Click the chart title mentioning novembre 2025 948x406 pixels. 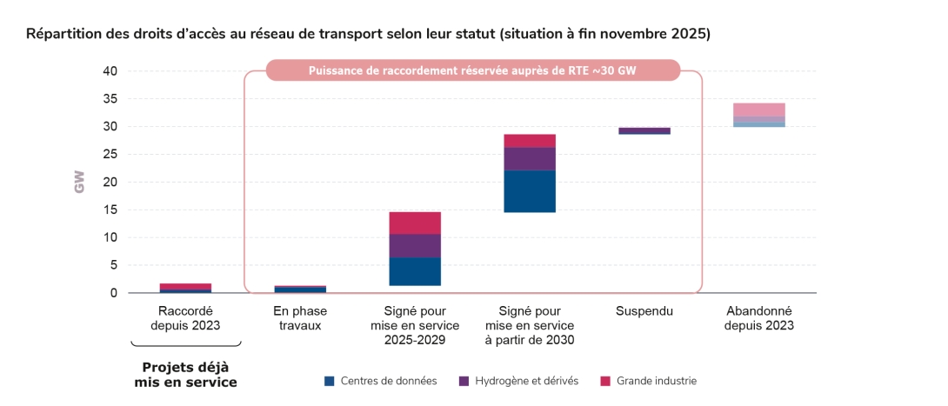coord(368,35)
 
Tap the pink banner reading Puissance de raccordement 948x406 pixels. coord(473,70)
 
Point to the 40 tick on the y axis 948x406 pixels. coord(110,71)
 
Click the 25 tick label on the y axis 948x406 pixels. coord(110,155)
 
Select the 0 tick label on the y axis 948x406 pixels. coord(113,293)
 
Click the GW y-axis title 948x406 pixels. coord(80,182)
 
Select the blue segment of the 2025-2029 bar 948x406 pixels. coord(415,271)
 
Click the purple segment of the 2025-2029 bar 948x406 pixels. coord(415,246)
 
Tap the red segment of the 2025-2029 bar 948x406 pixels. coord(415,223)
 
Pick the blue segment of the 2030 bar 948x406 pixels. coord(530,191)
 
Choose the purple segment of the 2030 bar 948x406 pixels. coord(530,159)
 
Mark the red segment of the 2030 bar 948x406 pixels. coord(530,141)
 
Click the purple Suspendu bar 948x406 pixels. coord(644,130)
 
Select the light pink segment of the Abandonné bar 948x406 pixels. coord(759,110)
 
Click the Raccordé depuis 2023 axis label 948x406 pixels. coord(185,318)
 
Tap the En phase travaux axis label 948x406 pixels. coord(300,318)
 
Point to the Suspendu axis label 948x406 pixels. coord(644,310)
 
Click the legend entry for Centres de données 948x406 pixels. coord(380,381)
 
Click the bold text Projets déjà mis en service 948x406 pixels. coord(185,375)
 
